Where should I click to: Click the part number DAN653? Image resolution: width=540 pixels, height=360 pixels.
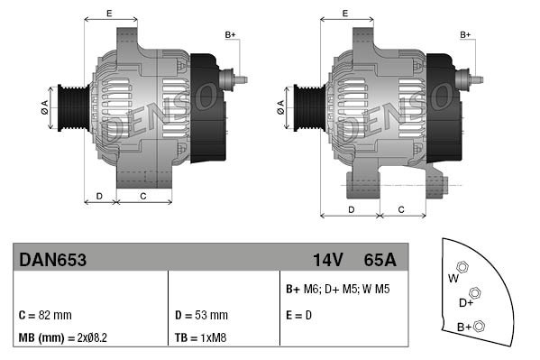[x=53, y=260]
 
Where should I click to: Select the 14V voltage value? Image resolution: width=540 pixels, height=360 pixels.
[x=327, y=260]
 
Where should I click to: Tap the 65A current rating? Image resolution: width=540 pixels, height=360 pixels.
[x=380, y=260]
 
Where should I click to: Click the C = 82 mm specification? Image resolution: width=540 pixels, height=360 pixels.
[x=45, y=315]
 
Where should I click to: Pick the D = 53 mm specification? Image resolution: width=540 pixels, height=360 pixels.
[x=200, y=315]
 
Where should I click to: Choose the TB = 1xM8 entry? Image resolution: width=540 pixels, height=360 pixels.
[x=199, y=338]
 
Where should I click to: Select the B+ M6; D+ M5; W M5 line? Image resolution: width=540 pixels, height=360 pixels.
[x=338, y=290]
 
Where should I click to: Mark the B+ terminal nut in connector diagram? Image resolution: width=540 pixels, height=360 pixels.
[x=480, y=326]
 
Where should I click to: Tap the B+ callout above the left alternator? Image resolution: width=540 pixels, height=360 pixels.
[x=230, y=34]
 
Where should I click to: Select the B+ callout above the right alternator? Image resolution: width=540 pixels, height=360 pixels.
[x=466, y=34]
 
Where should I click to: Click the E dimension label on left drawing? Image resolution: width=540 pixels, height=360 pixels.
[x=108, y=13]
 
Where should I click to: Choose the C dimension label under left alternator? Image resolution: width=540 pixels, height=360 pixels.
[x=143, y=195]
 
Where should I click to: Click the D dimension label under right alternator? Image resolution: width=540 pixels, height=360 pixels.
[x=351, y=209]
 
